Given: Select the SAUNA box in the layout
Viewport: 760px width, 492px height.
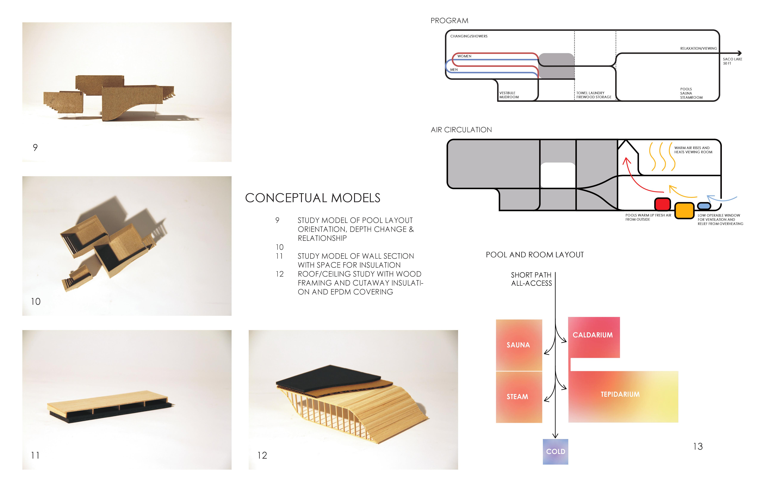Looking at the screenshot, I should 519,345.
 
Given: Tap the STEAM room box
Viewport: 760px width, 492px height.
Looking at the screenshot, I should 519,397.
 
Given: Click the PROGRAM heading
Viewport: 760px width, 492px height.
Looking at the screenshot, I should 449,21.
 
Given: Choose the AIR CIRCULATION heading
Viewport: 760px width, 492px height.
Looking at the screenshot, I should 461,130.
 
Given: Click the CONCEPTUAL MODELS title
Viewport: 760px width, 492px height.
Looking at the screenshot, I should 313,198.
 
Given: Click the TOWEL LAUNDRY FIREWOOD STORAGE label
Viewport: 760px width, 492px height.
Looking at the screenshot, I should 594,95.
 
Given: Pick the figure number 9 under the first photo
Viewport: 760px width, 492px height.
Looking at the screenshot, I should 35,147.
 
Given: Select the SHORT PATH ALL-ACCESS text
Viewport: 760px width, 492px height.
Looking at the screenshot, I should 531,279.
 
